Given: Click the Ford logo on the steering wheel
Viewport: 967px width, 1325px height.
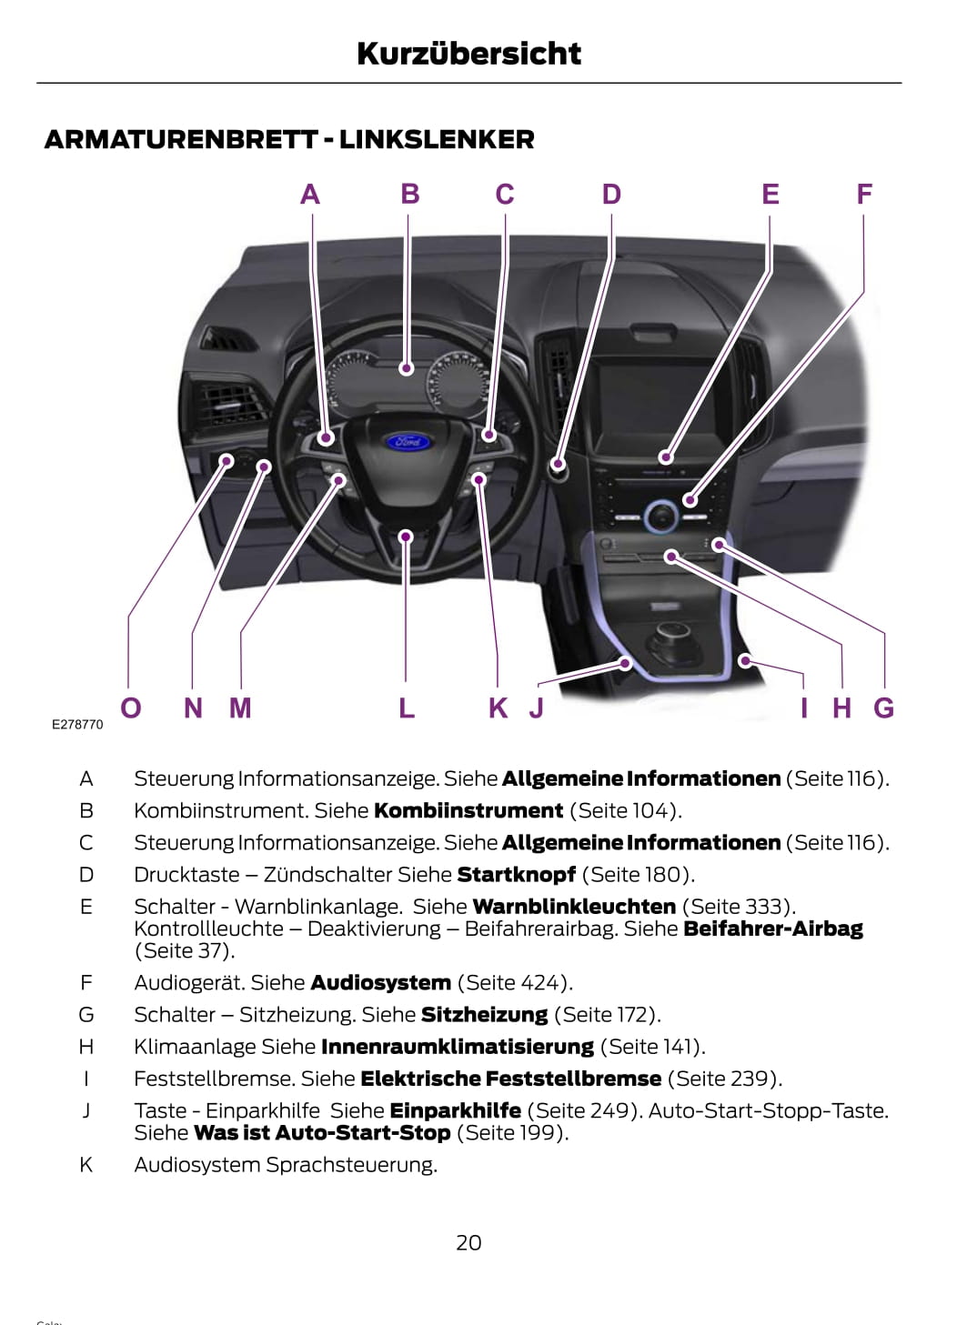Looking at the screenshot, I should click(407, 443).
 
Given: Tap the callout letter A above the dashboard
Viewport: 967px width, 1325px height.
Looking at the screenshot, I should click(310, 195).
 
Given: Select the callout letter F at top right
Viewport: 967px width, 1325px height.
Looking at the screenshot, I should click(864, 194).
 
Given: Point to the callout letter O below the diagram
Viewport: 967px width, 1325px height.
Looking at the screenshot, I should click(131, 708).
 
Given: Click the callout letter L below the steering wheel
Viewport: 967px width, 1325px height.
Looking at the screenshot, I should click(407, 708).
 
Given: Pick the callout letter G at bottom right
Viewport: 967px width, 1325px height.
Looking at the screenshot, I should click(883, 708).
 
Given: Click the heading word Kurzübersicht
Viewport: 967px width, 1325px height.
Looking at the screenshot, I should click(468, 54).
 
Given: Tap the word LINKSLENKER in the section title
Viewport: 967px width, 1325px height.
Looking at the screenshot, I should click(437, 140).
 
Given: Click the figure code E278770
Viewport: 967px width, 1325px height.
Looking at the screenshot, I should click(77, 725).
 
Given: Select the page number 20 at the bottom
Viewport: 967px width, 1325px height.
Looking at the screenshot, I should click(468, 1242).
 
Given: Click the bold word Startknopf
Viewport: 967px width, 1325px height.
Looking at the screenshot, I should click(516, 875).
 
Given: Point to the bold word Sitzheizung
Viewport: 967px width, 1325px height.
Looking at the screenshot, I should click(484, 1015).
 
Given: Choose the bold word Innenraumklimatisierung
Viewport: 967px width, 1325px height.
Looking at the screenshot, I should click(457, 1047).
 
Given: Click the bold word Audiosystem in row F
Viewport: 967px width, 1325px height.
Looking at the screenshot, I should click(380, 983).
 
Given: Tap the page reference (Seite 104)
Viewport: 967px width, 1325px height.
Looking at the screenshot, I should click(625, 810).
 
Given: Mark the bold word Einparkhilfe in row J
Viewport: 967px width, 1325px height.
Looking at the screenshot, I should click(455, 1110).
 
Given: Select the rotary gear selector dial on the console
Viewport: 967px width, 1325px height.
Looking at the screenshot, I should click(670, 636).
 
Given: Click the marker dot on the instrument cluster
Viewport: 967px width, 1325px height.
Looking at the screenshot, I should click(407, 368).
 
